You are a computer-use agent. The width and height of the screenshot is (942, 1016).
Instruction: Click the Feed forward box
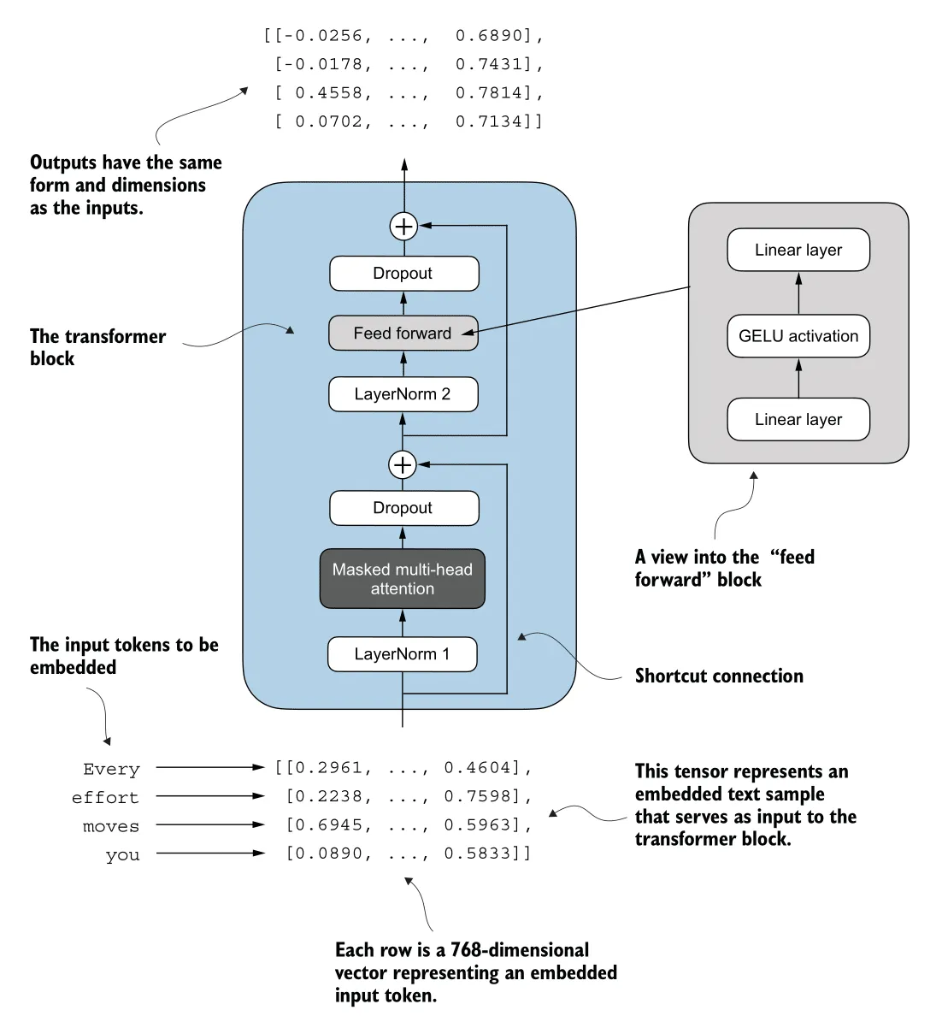click(x=403, y=334)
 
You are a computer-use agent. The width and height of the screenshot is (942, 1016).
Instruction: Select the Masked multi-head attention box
click(x=402, y=579)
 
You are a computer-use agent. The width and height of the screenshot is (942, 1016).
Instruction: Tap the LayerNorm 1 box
click(x=402, y=654)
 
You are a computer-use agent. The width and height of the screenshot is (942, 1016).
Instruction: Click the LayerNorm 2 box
click(x=403, y=394)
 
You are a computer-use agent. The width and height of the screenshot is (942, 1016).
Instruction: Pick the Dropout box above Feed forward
click(x=403, y=274)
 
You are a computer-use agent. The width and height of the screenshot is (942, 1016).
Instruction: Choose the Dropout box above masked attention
click(x=403, y=508)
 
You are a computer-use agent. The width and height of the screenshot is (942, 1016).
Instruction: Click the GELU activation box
click(x=798, y=336)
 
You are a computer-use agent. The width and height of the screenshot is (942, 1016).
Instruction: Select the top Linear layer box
click(x=798, y=250)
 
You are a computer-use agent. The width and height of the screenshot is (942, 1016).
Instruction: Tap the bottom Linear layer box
click(x=798, y=419)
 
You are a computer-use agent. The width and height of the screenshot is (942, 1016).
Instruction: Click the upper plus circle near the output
click(x=403, y=227)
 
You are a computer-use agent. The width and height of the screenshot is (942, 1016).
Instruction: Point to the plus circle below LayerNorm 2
click(x=403, y=465)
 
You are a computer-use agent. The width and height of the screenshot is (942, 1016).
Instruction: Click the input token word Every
click(x=111, y=769)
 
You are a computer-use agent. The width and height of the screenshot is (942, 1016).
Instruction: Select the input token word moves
click(x=111, y=826)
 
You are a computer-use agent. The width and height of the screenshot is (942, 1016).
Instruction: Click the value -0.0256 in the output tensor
click(x=322, y=36)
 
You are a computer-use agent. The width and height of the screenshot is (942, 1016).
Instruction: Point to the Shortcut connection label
click(x=719, y=676)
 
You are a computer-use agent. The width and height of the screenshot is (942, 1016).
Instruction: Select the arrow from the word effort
click(x=210, y=796)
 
